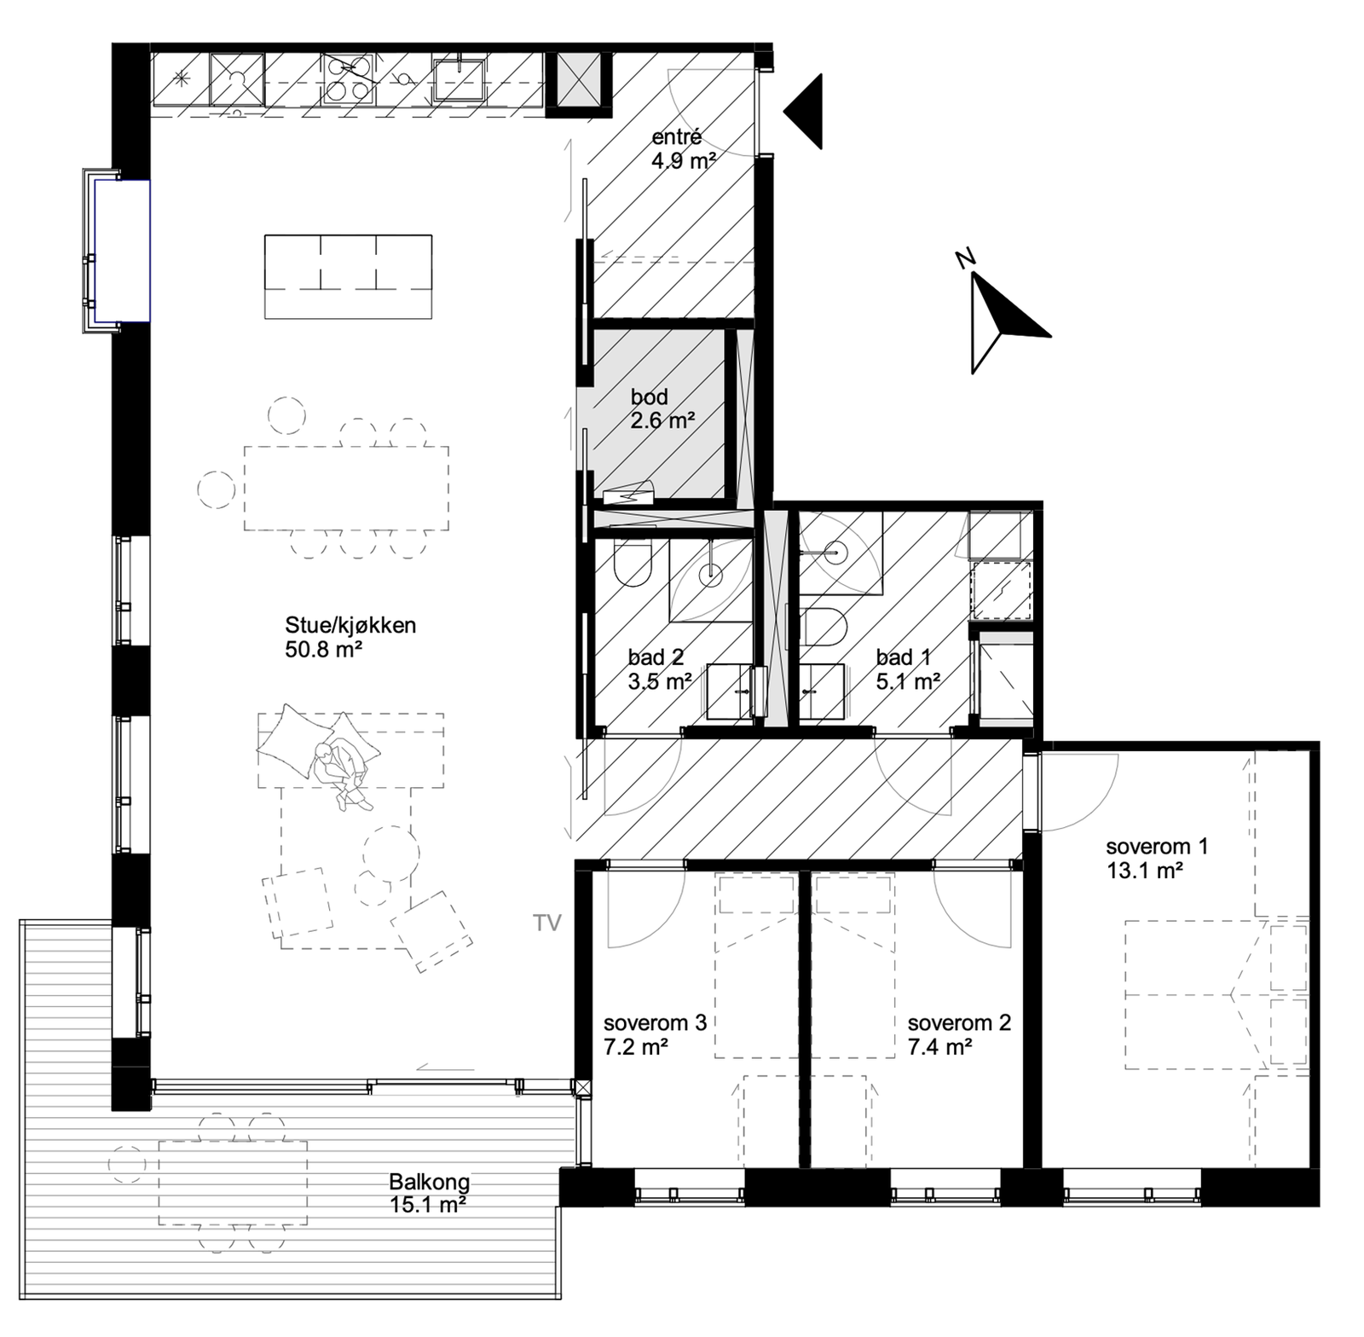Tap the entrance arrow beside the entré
click(804, 112)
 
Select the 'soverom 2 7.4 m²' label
click(958, 1034)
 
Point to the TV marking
click(548, 923)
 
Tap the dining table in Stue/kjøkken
click(346, 487)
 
